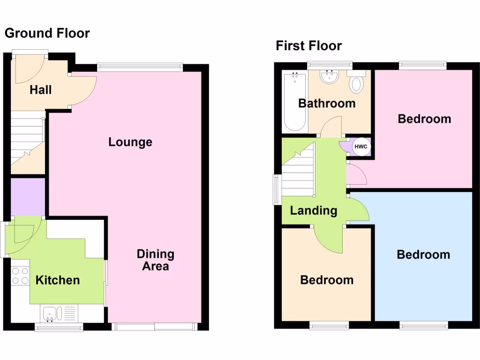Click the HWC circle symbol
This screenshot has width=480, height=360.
[360, 147]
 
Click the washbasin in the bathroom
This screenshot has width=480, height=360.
[330, 78]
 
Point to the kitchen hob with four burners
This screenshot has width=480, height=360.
[20, 276]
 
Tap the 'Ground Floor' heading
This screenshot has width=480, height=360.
[47, 33]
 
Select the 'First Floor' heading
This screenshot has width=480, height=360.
[308, 46]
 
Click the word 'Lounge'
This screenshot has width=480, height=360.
[130, 142]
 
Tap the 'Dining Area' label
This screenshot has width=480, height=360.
[155, 260]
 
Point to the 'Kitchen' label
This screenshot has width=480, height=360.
[58, 280]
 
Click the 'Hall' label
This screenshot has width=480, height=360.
[41, 90]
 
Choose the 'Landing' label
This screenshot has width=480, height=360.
[314, 210]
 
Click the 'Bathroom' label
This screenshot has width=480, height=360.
[327, 103]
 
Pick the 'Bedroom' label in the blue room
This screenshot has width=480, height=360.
[423, 255]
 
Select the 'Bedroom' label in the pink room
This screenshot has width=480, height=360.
[424, 119]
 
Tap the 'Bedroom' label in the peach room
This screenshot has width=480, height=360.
[327, 280]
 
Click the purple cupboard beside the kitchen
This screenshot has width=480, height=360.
[28, 196]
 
